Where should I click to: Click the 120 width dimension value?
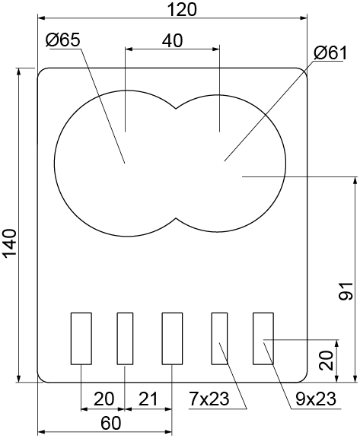(182, 10)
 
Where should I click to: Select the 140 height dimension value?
(10, 243)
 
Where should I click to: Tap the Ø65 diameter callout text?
(63, 40)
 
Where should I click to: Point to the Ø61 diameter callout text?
(330, 52)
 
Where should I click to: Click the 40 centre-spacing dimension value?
(172, 40)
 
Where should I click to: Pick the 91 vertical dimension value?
(346, 291)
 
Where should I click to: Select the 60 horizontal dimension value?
(111, 423)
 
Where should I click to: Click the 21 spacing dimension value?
(148, 399)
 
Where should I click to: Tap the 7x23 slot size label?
(209, 399)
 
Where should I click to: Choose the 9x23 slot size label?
(316, 399)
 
